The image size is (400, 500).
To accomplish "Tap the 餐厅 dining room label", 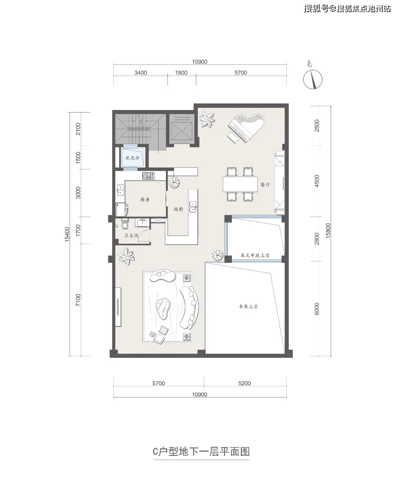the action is [265, 185].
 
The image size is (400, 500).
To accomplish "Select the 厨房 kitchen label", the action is [145, 199].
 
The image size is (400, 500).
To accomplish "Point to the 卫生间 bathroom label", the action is [131, 236].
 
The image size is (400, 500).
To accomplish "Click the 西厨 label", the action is [178, 209].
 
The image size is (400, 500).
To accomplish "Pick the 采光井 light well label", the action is [132, 158].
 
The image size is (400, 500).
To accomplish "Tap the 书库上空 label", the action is [248, 306].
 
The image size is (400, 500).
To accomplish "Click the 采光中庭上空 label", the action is [255, 255].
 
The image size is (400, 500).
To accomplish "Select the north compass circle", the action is [313, 80].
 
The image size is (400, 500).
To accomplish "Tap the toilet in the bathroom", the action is [124, 223].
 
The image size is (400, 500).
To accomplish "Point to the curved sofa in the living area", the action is [190, 307].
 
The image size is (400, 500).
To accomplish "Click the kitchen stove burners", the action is [149, 176].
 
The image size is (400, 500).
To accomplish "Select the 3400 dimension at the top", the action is [141, 73].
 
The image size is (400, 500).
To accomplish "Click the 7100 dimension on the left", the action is [78, 300].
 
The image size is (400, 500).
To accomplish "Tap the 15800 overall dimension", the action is [328, 230].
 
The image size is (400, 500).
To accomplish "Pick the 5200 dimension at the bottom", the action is [244, 383].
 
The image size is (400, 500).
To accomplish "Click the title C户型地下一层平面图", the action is [201, 451].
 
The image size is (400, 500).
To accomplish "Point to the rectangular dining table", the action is [240, 184].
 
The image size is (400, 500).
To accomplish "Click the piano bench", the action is [233, 138].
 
